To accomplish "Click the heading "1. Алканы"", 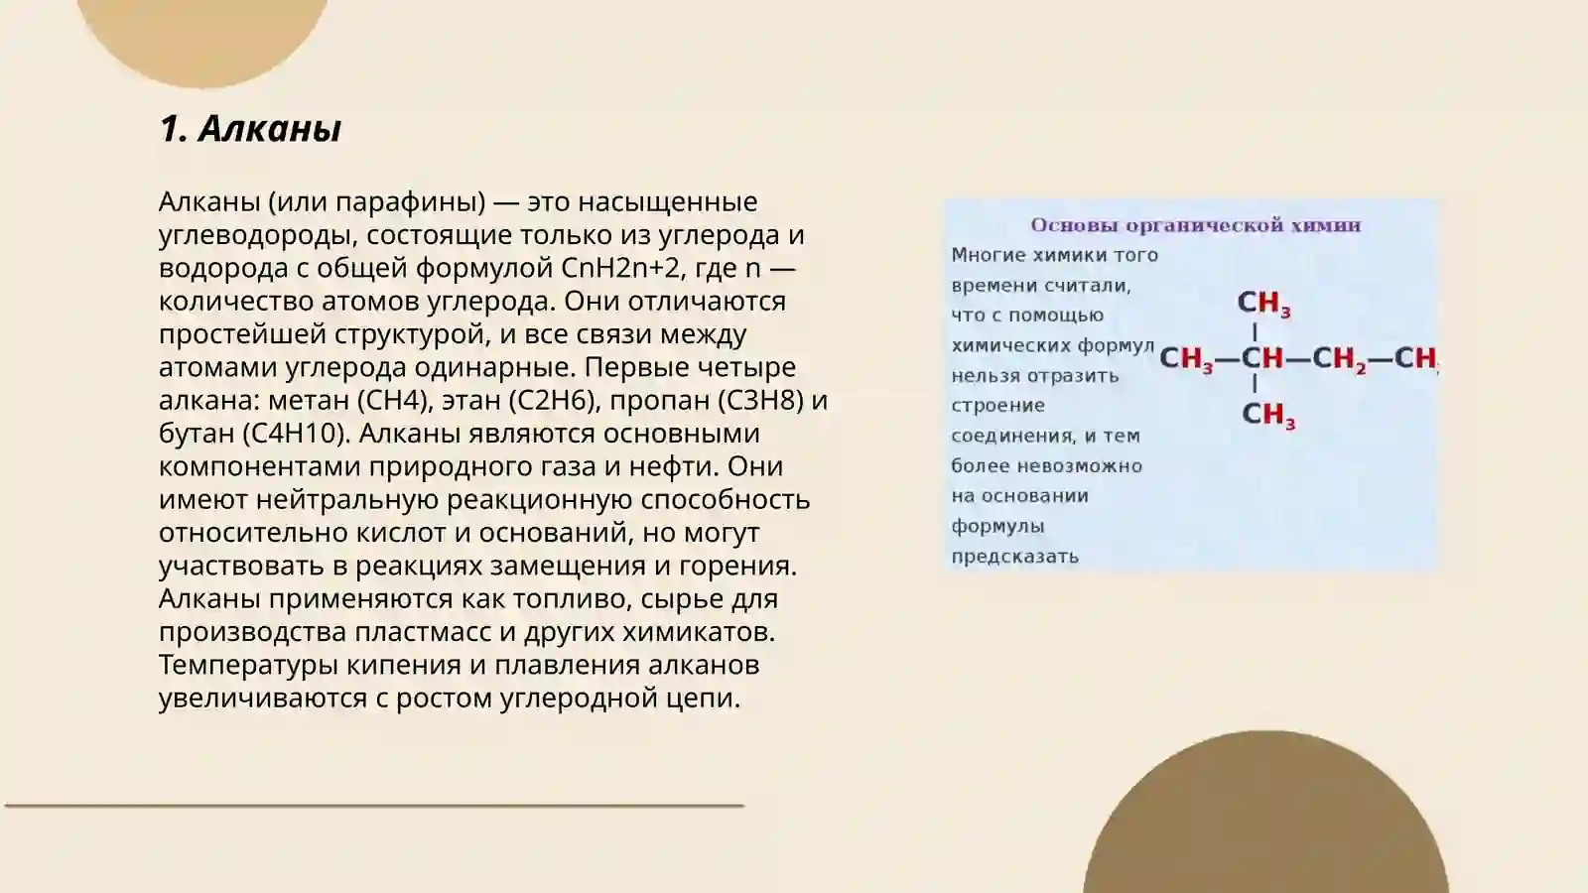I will coord(250,129).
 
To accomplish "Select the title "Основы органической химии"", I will coord(1195,225).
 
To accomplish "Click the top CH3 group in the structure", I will coord(1262,303).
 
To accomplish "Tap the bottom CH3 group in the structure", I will coord(1267,415).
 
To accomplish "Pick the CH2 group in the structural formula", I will coord(1339,358).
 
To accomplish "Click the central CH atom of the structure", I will coord(1262,358).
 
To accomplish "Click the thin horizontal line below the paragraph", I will coord(374,806).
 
